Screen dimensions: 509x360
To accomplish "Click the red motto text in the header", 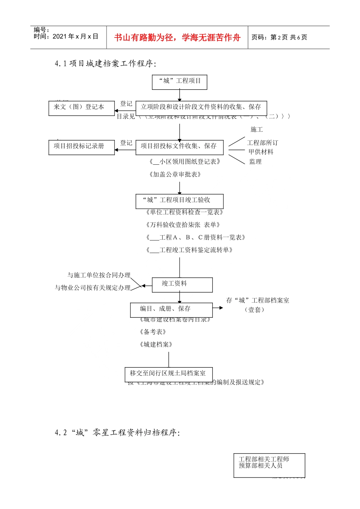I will click(x=177, y=37).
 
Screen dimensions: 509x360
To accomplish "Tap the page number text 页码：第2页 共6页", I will click(x=279, y=37).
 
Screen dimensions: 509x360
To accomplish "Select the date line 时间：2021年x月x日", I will click(x=66, y=37).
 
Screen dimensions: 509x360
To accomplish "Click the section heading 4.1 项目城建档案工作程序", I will click(x=105, y=64).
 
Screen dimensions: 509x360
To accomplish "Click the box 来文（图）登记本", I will click(x=81, y=108).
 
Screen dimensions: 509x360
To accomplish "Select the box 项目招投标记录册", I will click(x=81, y=147).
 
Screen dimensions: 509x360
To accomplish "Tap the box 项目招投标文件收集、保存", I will click(x=179, y=147).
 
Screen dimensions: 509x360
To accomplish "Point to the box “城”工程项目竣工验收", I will click(x=179, y=201).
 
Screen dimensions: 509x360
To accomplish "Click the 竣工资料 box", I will click(x=182, y=284).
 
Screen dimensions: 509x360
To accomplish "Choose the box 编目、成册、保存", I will click(x=171, y=310).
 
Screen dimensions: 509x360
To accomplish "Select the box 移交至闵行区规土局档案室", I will click(x=168, y=374).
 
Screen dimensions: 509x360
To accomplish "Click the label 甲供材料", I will click(x=261, y=152).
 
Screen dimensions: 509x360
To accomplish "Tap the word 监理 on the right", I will click(x=255, y=162).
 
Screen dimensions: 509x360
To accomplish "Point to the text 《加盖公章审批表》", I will click(x=175, y=175).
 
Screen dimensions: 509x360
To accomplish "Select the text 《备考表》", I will click(x=153, y=332).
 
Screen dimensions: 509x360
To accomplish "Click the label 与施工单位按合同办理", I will click(x=99, y=275).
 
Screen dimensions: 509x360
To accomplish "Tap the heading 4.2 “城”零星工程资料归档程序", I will click(x=117, y=433).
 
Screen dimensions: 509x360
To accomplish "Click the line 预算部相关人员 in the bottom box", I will click(x=260, y=466).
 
